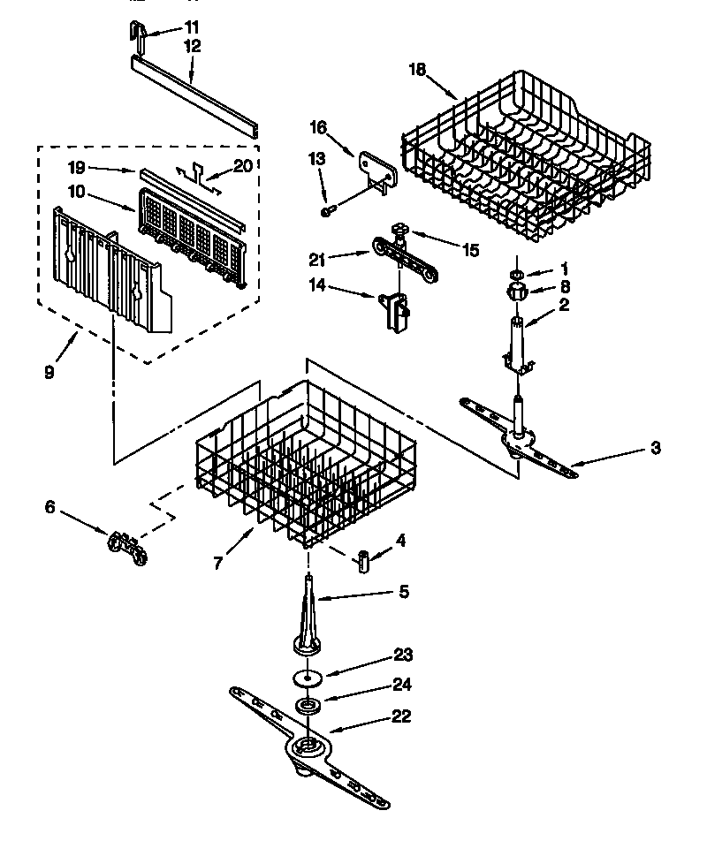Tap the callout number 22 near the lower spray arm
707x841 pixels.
point(400,716)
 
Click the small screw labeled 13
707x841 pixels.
point(327,211)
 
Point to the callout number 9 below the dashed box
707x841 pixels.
point(49,372)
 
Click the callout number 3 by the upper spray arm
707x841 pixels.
point(654,448)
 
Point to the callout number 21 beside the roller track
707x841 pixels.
point(316,258)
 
